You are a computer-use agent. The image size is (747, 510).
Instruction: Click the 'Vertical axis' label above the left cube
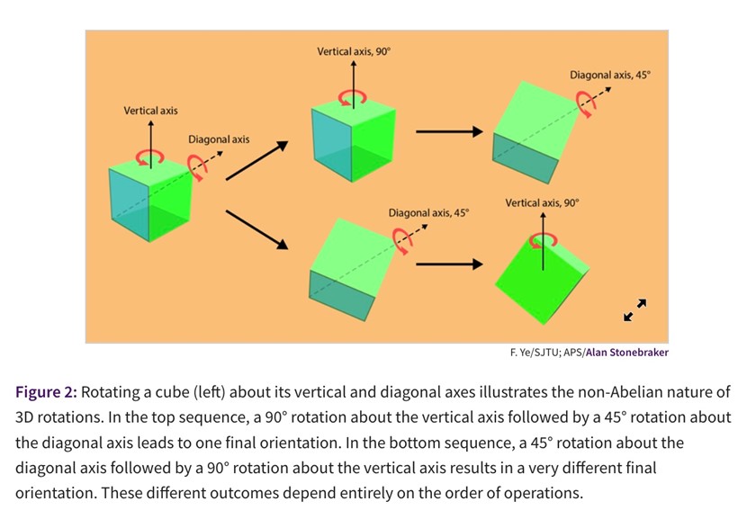(150, 111)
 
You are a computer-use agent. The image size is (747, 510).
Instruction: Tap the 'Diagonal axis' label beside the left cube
(219, 139)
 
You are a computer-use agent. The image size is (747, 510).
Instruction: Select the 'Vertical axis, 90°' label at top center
(354, 52)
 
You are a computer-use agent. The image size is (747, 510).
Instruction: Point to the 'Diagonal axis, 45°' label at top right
(609, 75)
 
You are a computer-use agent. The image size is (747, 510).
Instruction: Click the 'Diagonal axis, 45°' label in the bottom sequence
(428, 213)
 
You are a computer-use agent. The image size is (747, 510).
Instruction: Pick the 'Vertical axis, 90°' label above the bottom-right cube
(542, 203)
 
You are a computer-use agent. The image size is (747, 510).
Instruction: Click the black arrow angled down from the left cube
(256, 229)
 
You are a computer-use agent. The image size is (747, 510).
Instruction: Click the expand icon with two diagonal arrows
(634, 309)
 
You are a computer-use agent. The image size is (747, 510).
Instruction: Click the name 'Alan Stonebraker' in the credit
(626, 353)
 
